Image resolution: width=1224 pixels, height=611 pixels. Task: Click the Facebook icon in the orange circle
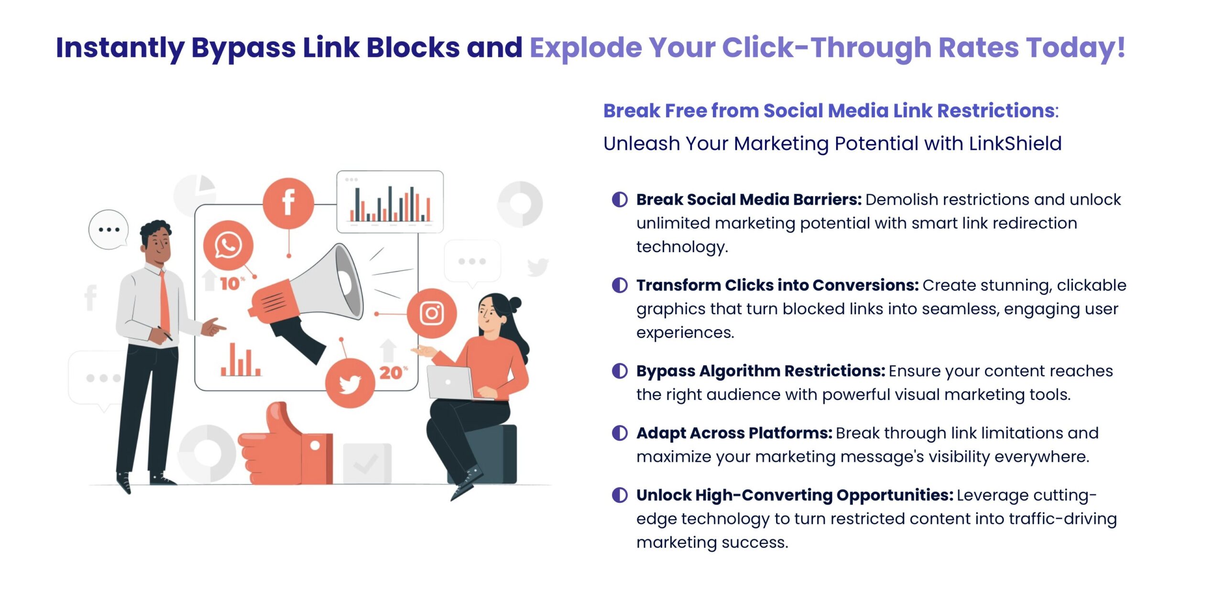[x=288, y=203]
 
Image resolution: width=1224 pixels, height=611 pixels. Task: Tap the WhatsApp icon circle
[x=228, y=245]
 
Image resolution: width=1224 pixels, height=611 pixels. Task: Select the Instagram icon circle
[x=432, y=313]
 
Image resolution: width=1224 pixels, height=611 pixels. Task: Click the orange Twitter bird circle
[x=350, y=383]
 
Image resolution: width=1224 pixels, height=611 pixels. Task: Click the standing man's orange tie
[x=164, y=301]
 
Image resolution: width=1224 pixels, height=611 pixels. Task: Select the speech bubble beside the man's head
[x=109, y=230]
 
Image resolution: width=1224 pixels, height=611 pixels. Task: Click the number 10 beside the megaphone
[x=230, y=284]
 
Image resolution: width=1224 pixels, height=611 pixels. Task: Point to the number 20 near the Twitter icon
[x=391, y=373]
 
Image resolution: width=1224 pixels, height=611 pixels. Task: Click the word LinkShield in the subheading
[x=1015, y=144]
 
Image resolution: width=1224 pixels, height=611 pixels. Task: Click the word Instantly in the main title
[x=120, y=48]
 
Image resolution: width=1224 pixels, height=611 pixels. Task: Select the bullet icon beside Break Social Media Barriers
[x=620, y=200]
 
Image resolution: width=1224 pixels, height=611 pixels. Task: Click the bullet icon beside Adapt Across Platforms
[x=620, y=433]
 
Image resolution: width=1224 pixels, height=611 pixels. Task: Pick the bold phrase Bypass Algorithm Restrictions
[x=761, y=371]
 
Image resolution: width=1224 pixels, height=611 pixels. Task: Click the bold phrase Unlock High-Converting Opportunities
[x=795, y=495]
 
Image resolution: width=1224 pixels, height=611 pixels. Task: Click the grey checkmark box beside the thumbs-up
[x=367, y=463]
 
